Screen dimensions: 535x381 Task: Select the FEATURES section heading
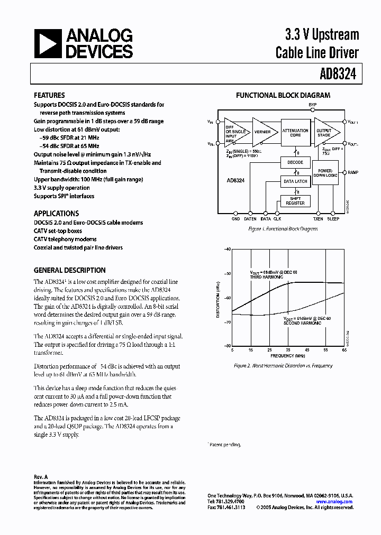(x=50, y=96)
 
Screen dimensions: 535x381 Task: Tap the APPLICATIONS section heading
(x=56, y=214)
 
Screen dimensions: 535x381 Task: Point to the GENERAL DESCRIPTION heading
(x=69, y=270)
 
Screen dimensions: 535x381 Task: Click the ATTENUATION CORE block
(x=295, y=133)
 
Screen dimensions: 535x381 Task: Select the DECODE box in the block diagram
(x=295, y=163)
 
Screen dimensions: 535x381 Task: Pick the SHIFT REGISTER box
(x=295, y=201)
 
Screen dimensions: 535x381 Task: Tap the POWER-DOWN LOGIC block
(x=325, y=172)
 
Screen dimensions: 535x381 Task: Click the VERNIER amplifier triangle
(x=263, y=132)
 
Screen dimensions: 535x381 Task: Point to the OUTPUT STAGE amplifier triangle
(x=325, y=132)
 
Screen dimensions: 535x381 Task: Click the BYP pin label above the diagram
(x=313, y=105)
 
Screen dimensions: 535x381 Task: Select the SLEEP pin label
(x=333, y=218)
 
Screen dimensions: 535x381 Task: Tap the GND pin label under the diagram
(x=235, y=218)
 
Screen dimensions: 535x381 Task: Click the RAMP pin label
(x=352, y=172)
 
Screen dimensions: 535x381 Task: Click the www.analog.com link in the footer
(x=334, y=501)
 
